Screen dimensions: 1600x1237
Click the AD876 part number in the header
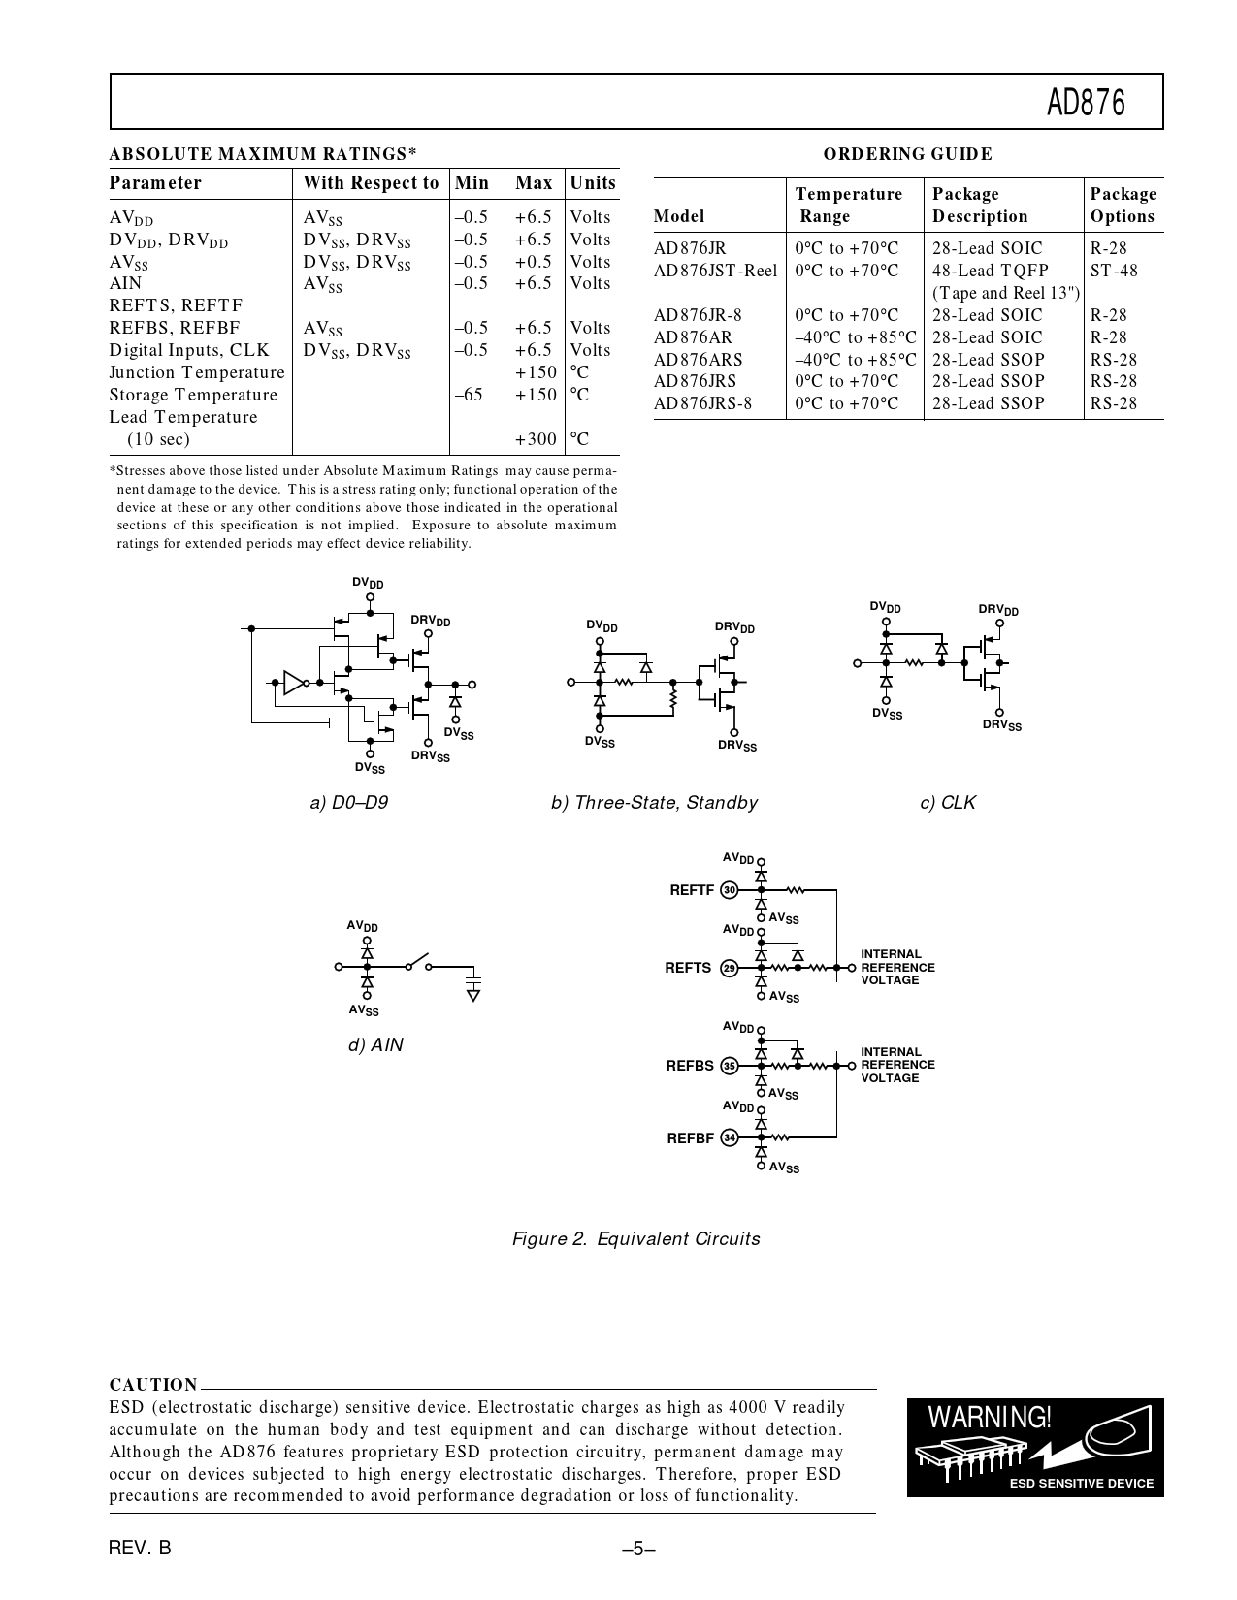tap(1086, 103)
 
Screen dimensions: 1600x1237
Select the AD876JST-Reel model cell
tap(715, 271)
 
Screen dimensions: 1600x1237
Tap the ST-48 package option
tap(1113, 271)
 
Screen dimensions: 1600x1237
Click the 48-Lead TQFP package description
tap(990, 271)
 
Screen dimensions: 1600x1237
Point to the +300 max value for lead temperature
tap(536, 439)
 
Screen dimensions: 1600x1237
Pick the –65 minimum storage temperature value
tap(468, 395)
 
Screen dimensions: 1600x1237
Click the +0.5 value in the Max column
tap(534, 262)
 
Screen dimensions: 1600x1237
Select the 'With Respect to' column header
tap(371, 183)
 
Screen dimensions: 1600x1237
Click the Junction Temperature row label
tap(197, 372)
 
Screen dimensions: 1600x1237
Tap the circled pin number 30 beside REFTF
tap(730, 890)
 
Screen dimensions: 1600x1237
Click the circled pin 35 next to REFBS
tap(730, 1066)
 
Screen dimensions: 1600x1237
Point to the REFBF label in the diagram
tap(690, 1138)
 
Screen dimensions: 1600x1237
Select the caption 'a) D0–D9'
tap(348, 803)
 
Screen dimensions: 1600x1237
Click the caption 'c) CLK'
tap(947, 803)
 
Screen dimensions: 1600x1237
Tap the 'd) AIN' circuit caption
tap(375, 1045)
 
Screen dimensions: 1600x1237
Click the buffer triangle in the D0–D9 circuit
tap(293, 683)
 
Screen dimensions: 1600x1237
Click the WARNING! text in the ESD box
tap(989, 1418)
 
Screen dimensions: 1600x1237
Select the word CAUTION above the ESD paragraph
tap(153, 1384)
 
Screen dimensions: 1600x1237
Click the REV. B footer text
tap(140, 1548)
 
